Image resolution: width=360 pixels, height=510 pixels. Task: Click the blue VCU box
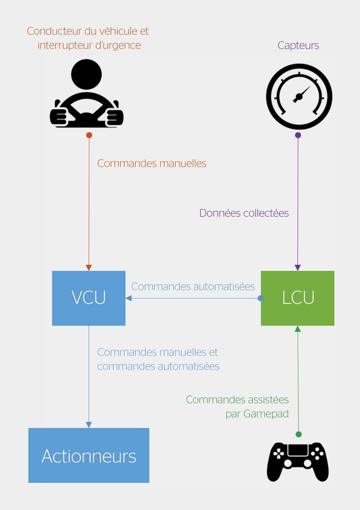tap(89, 298)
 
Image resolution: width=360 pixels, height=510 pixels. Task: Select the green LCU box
tap(298, 298)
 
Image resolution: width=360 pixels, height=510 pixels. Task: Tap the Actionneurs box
tap(89, 455)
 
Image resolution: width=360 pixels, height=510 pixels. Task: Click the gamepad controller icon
tap(298, 462)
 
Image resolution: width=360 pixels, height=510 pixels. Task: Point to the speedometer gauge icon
tap(299, 97)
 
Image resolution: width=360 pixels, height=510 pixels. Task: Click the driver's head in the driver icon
tap(87, 74)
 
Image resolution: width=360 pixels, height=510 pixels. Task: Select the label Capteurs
tap(298, 46)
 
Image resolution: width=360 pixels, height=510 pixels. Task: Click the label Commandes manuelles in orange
tap(152, 163)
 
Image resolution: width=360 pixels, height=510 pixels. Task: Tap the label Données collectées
tap(244, 213)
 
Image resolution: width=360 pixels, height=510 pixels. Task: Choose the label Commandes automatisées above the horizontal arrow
tap(193, 286)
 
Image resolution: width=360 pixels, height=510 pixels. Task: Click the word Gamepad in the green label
tap(266, 414)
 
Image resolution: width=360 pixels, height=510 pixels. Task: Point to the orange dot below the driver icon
tap(89, 135)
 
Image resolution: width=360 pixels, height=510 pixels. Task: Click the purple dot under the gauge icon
tap(298, 135)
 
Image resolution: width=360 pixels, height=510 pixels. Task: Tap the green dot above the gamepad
tap(299, 434)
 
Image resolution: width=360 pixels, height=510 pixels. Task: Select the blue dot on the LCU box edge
tap(261, 298)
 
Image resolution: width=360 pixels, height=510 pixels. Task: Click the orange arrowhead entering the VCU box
tap(89, 267)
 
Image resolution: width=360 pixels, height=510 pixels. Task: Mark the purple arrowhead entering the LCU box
tap(298, 267)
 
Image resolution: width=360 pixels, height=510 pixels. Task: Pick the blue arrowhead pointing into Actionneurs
tap(89, 425)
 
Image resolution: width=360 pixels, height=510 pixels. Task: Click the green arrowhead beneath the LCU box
tap(298, 329)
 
